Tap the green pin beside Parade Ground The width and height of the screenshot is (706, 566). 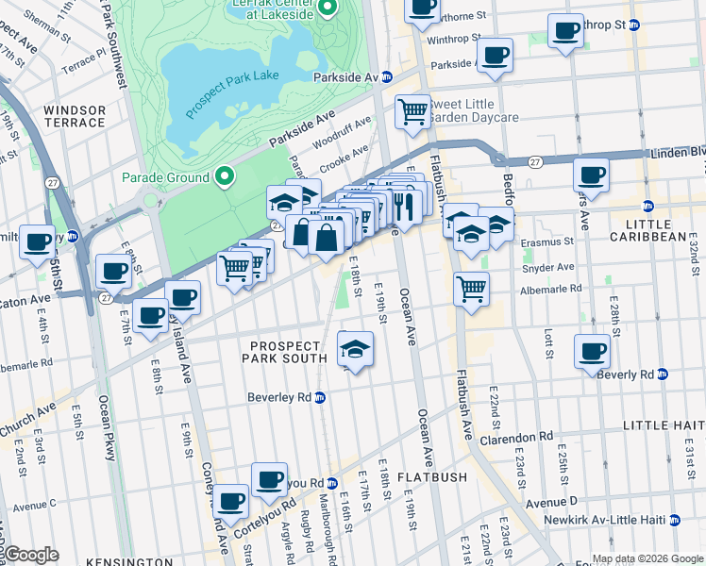[x=225, y=176]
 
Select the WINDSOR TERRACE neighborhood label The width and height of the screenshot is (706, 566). [x=75, y=117]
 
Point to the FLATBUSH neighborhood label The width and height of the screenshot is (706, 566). [x=431, y=477]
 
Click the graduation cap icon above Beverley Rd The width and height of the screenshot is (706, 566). [x=355, y=350]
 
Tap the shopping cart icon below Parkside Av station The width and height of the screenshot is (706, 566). [x=412, y=111]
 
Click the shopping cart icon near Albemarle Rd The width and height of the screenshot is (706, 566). [x=470, y=288]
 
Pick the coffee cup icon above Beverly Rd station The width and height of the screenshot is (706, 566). [x=592, y=351]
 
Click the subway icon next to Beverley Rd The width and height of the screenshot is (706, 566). [x=320, y=397]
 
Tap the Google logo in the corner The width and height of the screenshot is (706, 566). [x=30, y=555]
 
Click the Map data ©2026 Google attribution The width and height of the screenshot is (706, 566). [x=647, y=558]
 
